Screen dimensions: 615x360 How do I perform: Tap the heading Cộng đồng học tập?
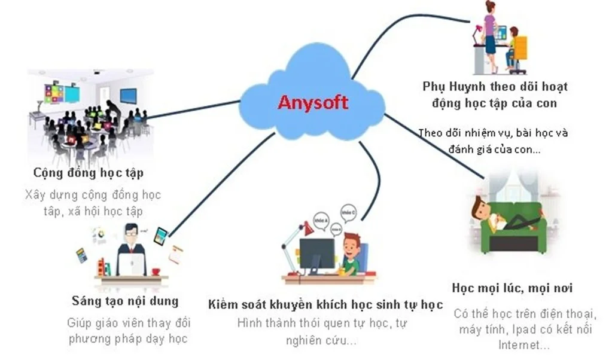(x=88, y=173)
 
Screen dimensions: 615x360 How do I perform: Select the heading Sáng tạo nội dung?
(x=124, y=301)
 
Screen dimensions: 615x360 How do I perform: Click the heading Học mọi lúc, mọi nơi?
(x=512, y=288)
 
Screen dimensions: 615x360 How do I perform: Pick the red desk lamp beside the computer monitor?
(x=307, y=228)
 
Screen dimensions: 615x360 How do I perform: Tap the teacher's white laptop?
(x=131, y=263)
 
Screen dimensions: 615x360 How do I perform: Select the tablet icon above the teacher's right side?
(x=160, y=236)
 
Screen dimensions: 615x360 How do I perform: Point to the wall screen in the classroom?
(x=128, y=96)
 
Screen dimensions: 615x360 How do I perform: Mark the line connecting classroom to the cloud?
(x=191, y=109)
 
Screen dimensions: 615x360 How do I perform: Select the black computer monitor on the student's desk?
(x=316, y=253)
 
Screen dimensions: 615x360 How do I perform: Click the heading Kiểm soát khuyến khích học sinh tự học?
(x=325, y=305)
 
